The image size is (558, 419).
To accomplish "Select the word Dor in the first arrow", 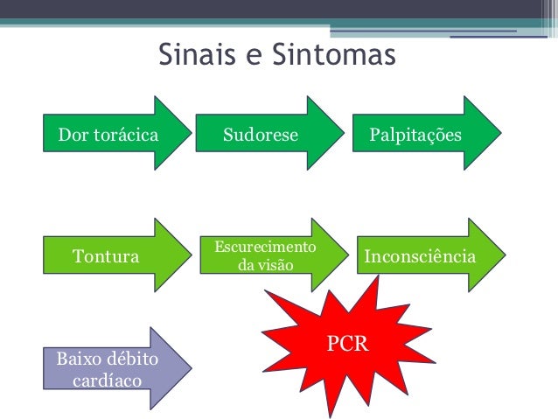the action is [x=71, y=136].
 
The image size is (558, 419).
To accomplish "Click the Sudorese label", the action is [x=261, y=136].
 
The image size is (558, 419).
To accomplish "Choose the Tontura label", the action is [x=106, y=257].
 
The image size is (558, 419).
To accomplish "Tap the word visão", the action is [x=276, y=264].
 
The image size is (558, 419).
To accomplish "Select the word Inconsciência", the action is [x=419, y=257].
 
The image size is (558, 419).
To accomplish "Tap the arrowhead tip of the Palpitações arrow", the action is [x=501, y=132].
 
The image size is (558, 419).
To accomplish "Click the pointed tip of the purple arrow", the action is [x=190, y=368].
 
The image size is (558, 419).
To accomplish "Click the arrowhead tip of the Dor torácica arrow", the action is [x=190, y=132].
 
